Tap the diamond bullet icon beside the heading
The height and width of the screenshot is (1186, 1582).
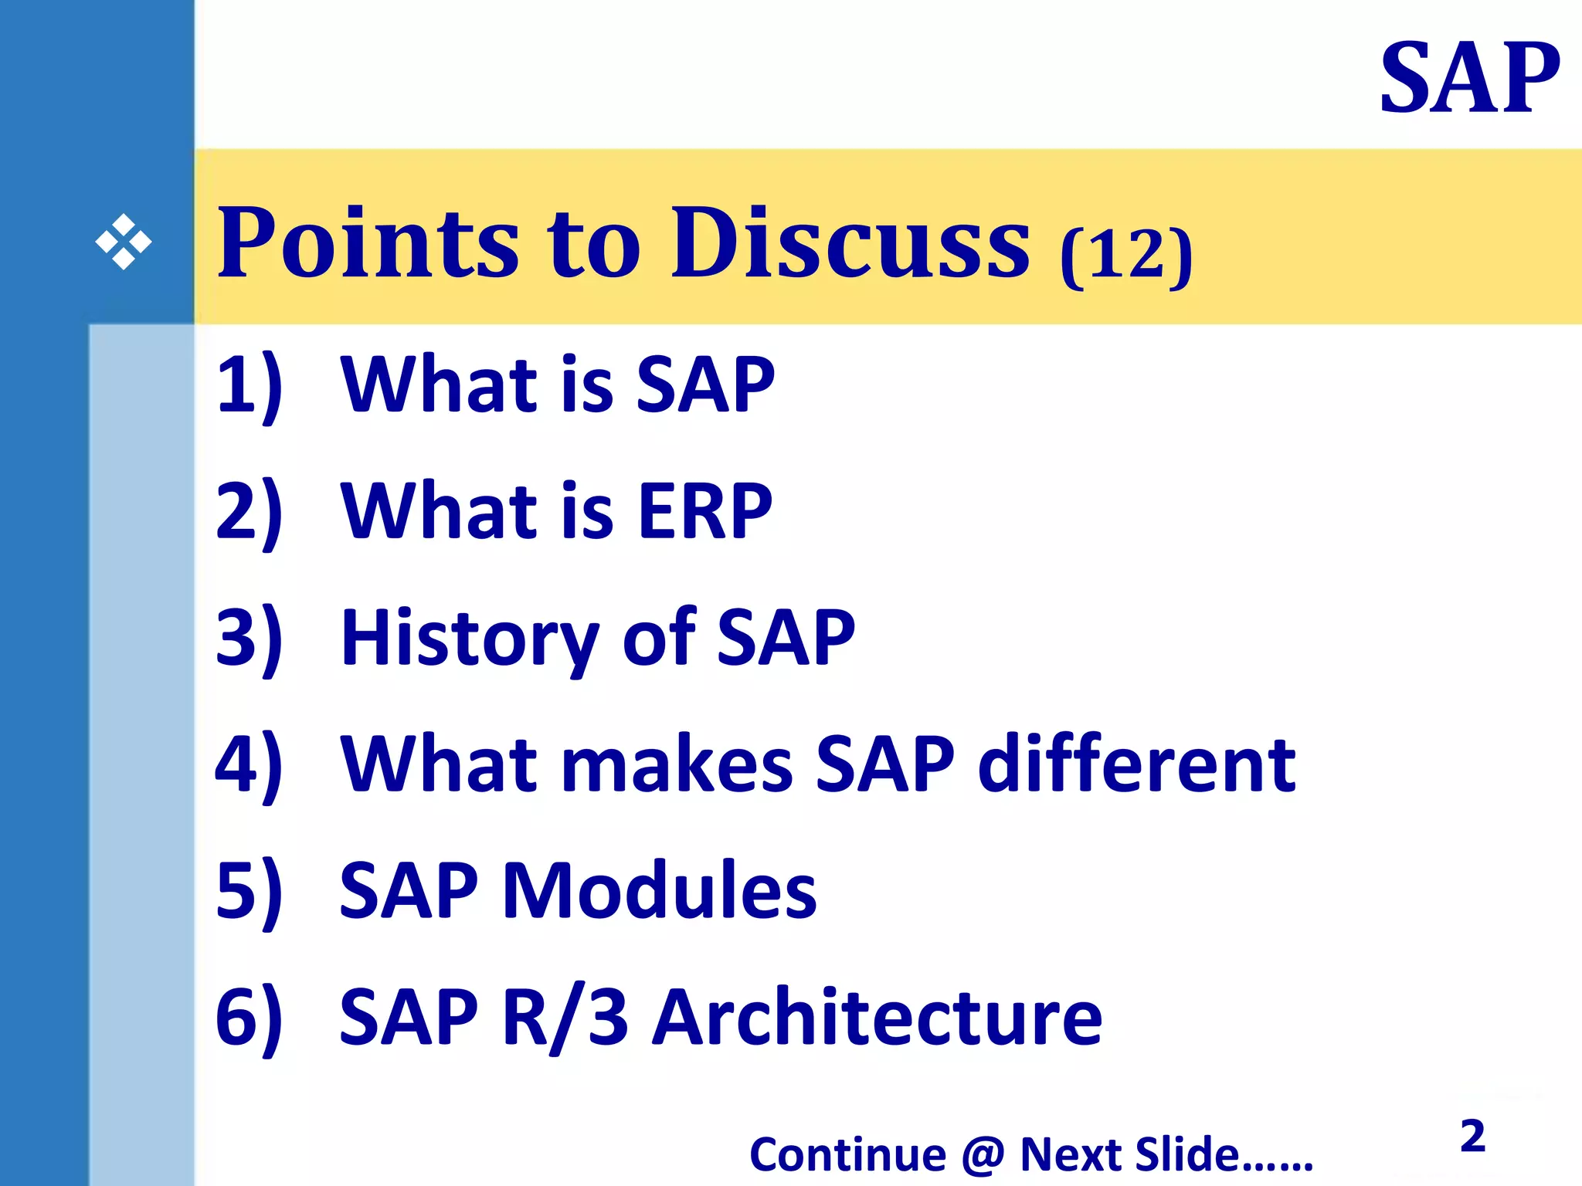(x=124, y=242)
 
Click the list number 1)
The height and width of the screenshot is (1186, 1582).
(x=249, y=385)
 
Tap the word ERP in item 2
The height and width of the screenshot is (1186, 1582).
(x=704, y=510)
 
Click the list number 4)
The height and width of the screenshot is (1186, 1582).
(x=249, y=764)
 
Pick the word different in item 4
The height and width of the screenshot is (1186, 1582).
(x=1136, y=764)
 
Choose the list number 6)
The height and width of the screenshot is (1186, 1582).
(x=249, y=1017)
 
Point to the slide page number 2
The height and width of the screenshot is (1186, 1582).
(x=1472, y=1136)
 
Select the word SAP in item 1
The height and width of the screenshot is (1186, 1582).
(x=704, y=385)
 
